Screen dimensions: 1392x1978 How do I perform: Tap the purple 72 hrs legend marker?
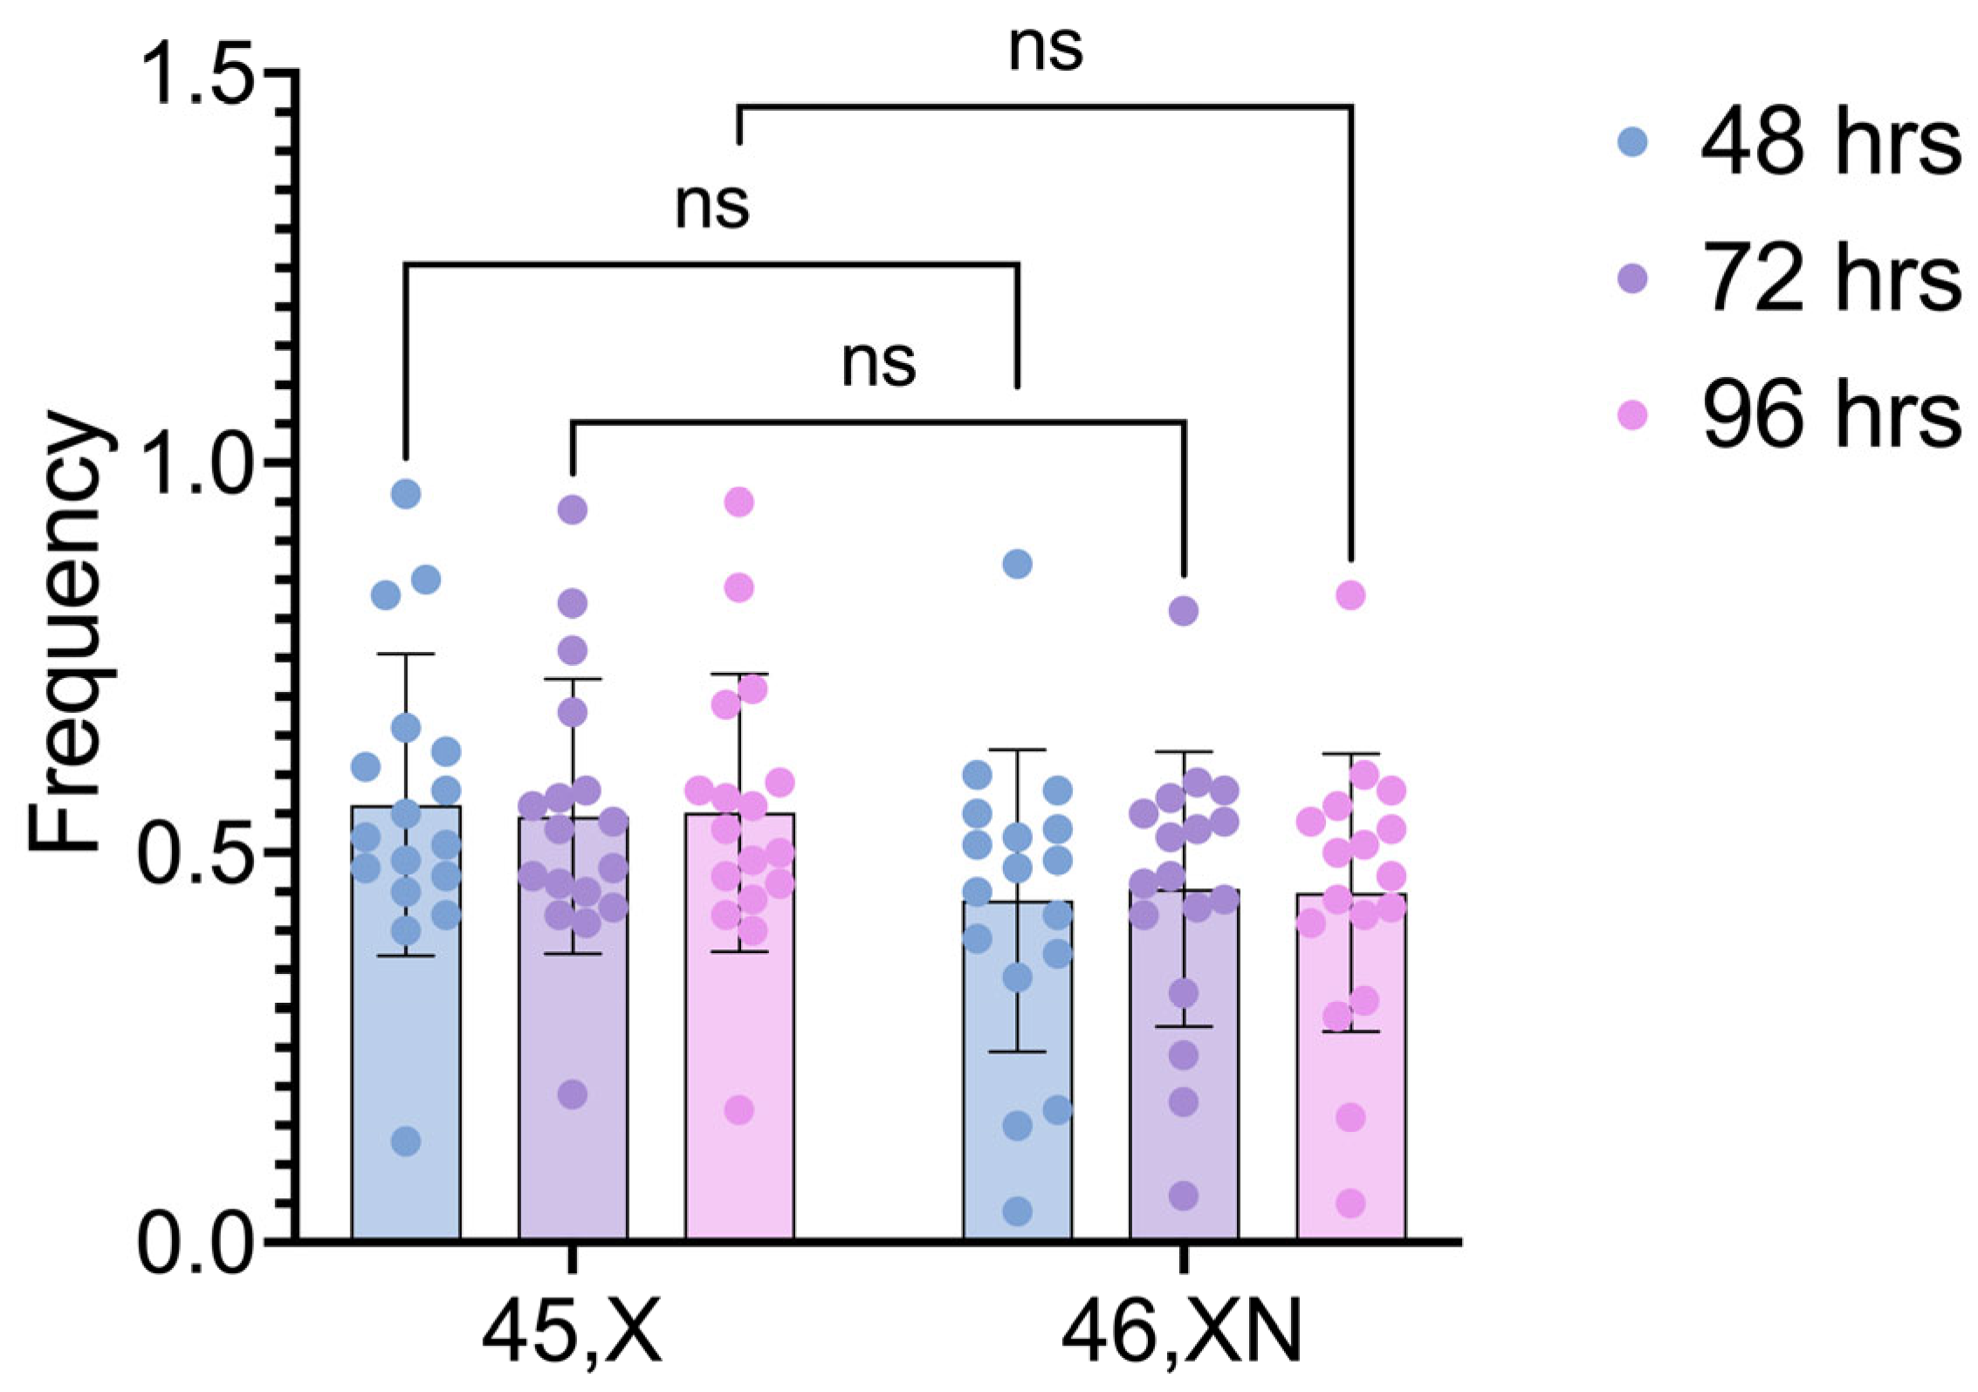tap(1631, 279)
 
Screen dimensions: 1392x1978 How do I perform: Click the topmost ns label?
tap(1045, 48)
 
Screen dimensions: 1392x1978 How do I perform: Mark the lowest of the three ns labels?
tap(878, 363)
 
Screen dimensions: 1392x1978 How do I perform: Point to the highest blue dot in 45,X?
tap(406, 494)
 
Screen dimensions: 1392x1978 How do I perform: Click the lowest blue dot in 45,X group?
tap(406, 1141)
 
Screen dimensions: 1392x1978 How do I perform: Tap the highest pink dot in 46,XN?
tap(1350, 595)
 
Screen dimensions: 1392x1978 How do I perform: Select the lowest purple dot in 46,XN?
tap(1184, 1196)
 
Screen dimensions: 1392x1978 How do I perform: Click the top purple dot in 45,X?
tap(573, 509)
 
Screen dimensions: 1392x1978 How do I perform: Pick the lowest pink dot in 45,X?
tap(739, 1111)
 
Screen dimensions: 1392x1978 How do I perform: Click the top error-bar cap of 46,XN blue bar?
tap(1018, 750)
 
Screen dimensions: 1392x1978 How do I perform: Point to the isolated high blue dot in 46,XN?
tap(1017, 564)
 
